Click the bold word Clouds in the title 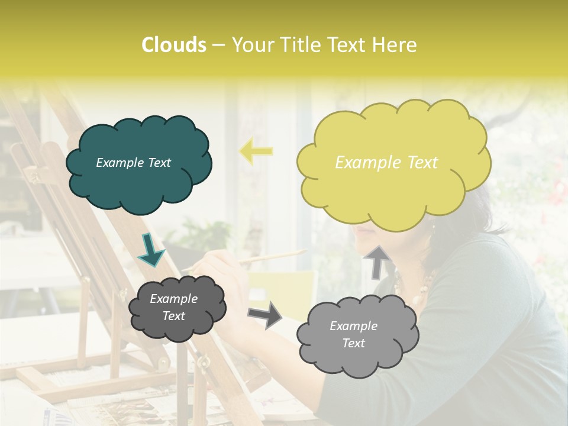[x=173, y=45]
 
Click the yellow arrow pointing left [x=256, y=151]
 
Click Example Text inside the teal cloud [x=133, y=163]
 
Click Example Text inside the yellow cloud [x=386, y=163]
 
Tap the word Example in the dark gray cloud [x=173, y=299]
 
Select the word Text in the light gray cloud [x=353, y=343]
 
